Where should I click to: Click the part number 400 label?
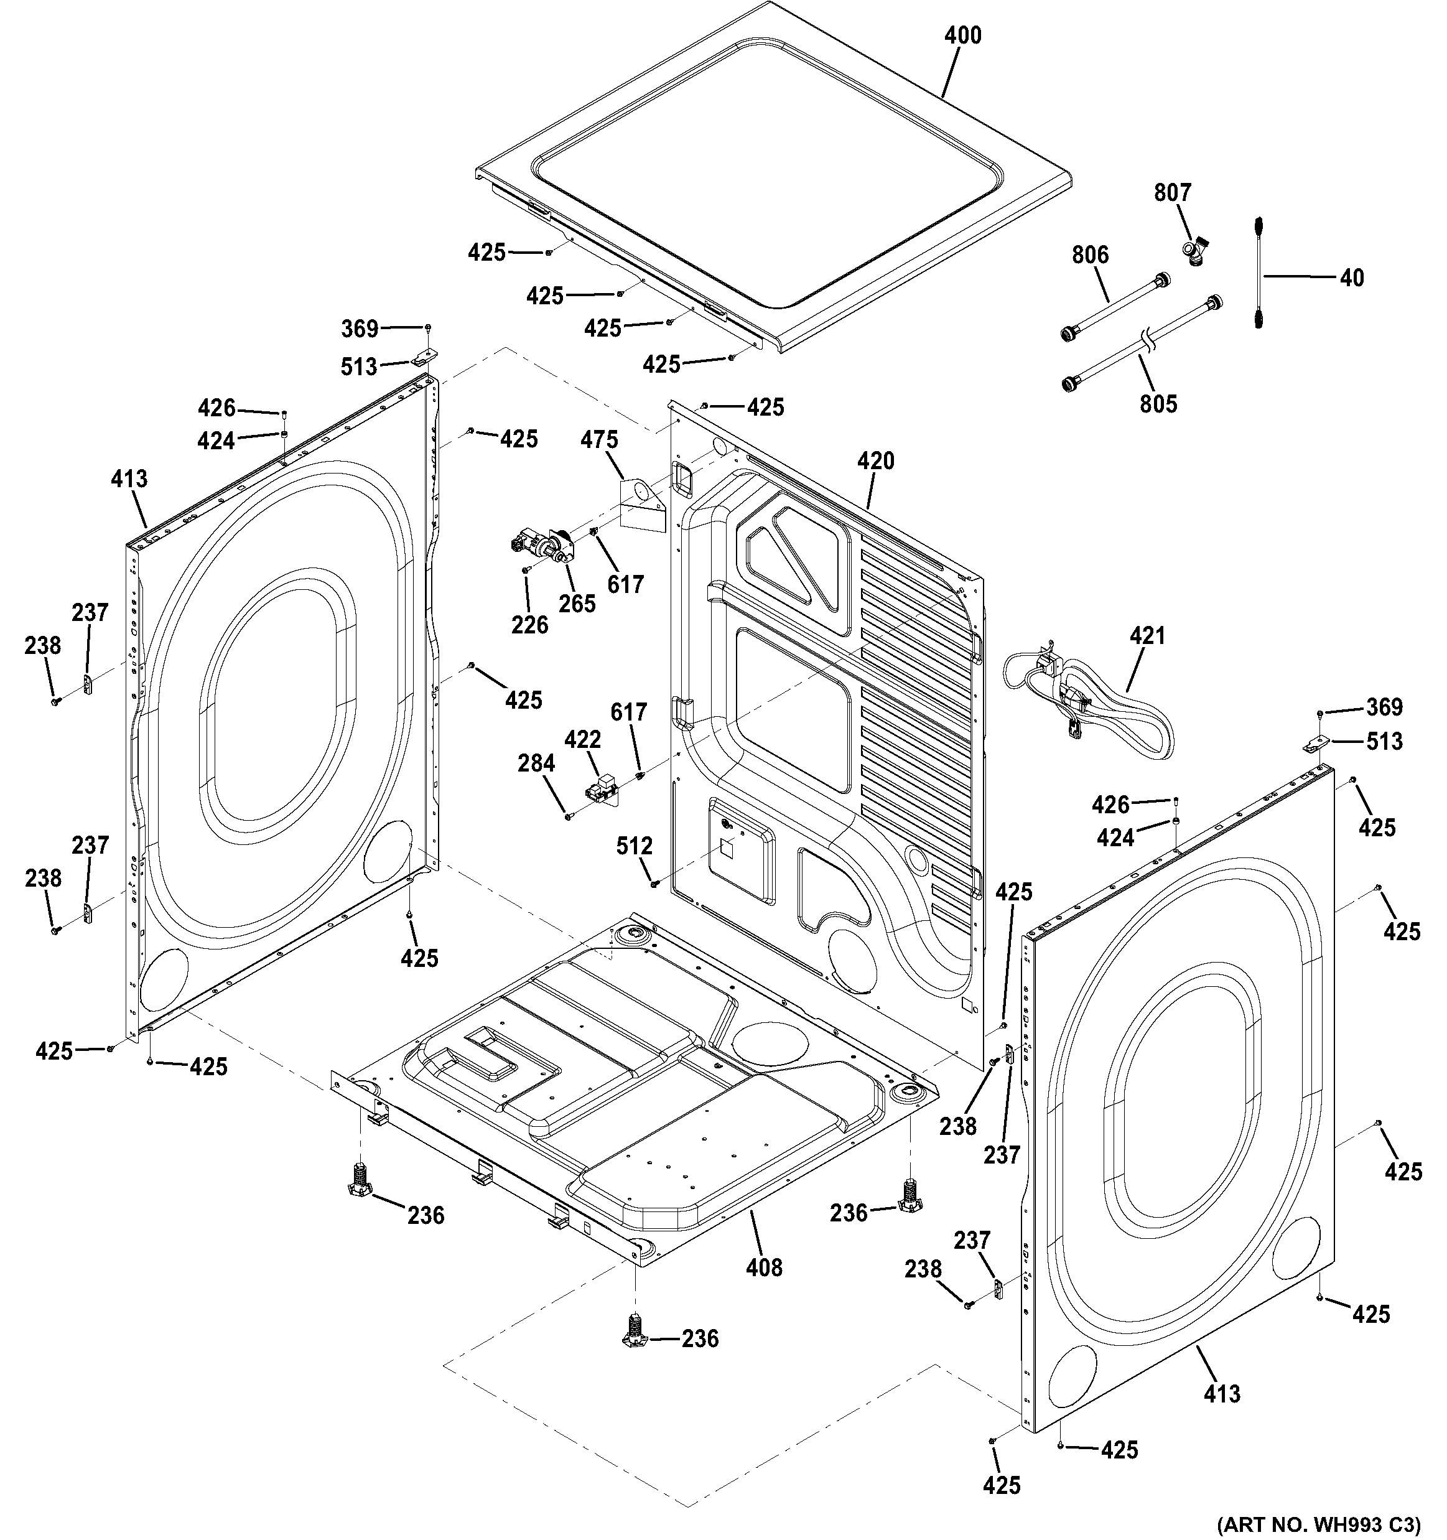[x=963, y=35]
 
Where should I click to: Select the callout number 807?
[x=1172, y=192]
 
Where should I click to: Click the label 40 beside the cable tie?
[x=1352, y=278]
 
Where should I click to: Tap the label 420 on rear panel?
[x=875, y=461]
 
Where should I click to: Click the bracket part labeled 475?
[x=641, y=503]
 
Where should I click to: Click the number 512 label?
[x=635, y=847]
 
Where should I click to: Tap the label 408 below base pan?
[x=764, y=1267]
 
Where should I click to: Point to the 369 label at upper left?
[x=360, y=329]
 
